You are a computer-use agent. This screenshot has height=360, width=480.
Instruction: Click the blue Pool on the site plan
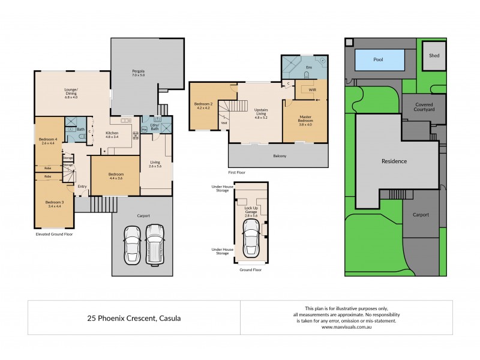click(378, 60)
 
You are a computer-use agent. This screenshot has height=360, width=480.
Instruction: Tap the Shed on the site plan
click(434, 56)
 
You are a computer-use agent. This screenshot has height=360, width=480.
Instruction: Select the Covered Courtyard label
click(424, 107)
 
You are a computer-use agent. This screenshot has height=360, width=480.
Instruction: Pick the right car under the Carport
click(154, 243)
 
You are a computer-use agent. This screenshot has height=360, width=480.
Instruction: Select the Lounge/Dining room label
click(71, 94)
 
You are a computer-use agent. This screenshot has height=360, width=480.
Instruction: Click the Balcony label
click(278, 157)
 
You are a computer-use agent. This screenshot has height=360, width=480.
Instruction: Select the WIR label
click(312, 90)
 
